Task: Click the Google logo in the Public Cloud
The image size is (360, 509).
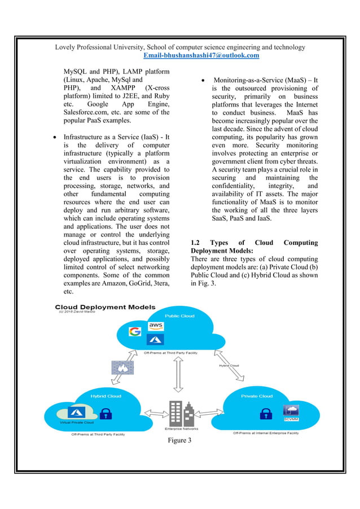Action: click(135, 331)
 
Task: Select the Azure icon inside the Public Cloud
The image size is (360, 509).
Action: click(155, 340)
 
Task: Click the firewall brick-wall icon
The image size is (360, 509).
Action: click(124, 367)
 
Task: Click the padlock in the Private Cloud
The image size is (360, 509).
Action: click(264, 414)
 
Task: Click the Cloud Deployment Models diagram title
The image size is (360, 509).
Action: click(104, 307)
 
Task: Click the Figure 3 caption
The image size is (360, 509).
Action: click(180, 440)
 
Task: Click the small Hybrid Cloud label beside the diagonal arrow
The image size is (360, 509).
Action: click(229, 365)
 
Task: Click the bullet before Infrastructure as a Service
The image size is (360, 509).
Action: click(54, 137)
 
